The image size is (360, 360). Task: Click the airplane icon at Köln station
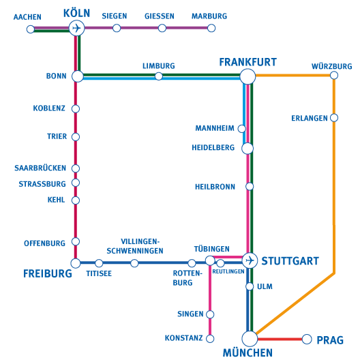click(x=76, y=28)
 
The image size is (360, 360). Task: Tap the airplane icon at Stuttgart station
click(x=250, y=260)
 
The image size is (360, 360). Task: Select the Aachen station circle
click(x=31, y=29)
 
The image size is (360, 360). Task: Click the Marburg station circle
click(x=211, y=28)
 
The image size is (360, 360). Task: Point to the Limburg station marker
click(x=159, y=76)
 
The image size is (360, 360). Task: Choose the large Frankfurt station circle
click(x=247, y=76)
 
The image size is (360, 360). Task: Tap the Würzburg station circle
click(x=334, y=75)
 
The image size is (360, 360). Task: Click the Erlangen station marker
click(x=334, y=118)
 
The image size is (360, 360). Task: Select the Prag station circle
click(x=307, y=339)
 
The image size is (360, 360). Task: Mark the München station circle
click(x=250, y=339)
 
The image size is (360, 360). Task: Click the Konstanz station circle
click(x=210, y=338)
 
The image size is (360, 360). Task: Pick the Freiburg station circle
click(x=76, y=263)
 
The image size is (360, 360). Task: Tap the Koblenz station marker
click(x=76, y=108)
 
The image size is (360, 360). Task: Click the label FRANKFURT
click(x=248, y=62)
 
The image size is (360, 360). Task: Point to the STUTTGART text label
click(x=290, y=261)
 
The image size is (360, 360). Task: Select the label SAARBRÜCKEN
click(x=40, y=168)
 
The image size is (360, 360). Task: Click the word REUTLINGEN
click(x=228, y=271)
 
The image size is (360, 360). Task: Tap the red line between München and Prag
click(x=280, y=339)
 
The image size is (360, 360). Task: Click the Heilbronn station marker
click(x=250, y=186)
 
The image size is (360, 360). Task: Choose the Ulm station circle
click(x=250, y=286)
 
